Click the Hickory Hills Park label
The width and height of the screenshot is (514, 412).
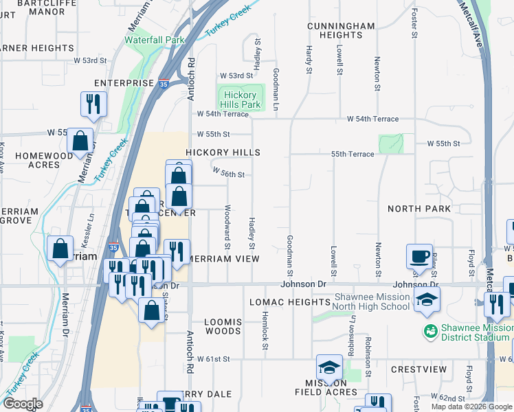coord(240,100)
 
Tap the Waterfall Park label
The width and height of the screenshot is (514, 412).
coord(155,40)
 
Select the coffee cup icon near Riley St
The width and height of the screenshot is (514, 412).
coord(418,257)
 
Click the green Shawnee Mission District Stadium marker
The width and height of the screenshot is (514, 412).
coord(431,330)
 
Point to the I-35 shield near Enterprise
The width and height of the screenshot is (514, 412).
coord(162,83)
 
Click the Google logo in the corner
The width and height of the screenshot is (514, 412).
coord(22,404)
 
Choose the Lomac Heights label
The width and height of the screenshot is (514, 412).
coord(289,302)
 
